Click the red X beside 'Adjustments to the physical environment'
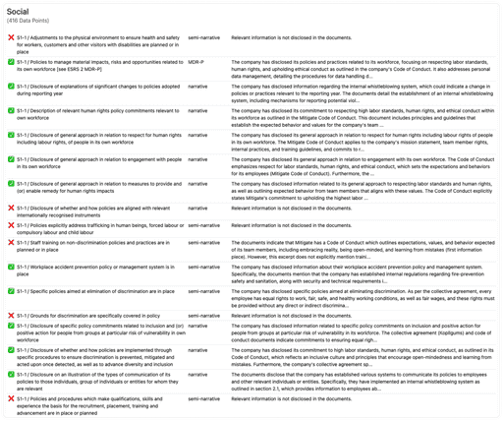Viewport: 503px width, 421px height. pos(10,35)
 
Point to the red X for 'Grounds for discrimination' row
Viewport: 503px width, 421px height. pos(10,315)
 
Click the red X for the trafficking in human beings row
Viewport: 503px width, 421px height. pos(10,224)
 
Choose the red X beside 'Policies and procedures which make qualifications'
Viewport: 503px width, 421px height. pos(10,399)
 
